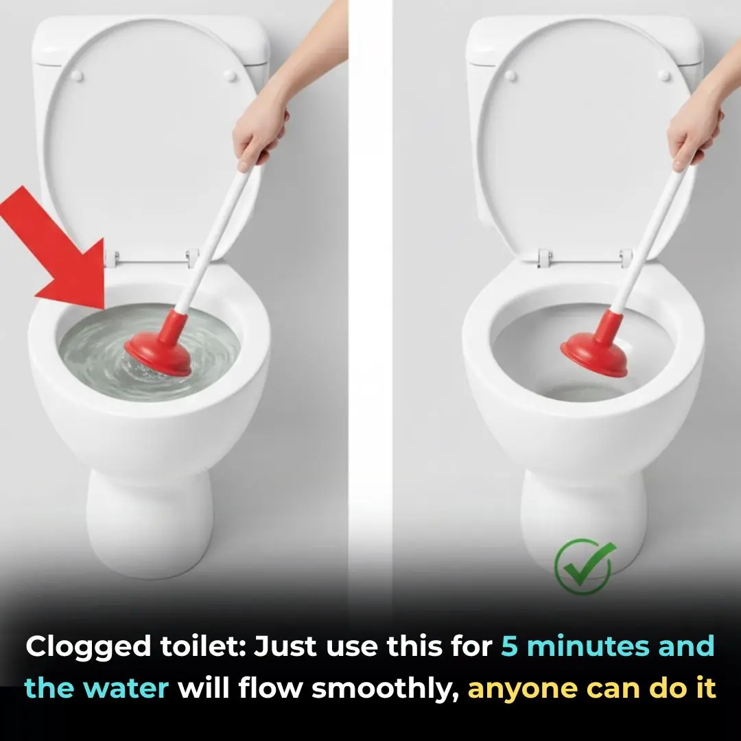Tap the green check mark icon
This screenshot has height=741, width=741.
tap(585, 567)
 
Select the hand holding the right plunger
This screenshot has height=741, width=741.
tap(693, 134)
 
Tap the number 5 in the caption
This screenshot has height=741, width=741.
tap(508, 647)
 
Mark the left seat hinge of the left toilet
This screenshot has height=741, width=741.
tap(112, 258)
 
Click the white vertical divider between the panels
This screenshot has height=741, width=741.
tap(370, 274)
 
